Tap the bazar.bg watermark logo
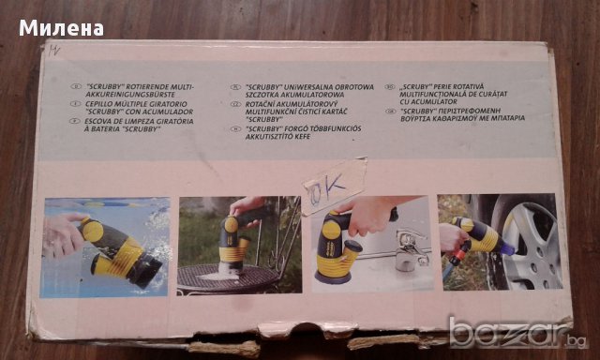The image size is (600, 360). (x=511, y=334)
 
